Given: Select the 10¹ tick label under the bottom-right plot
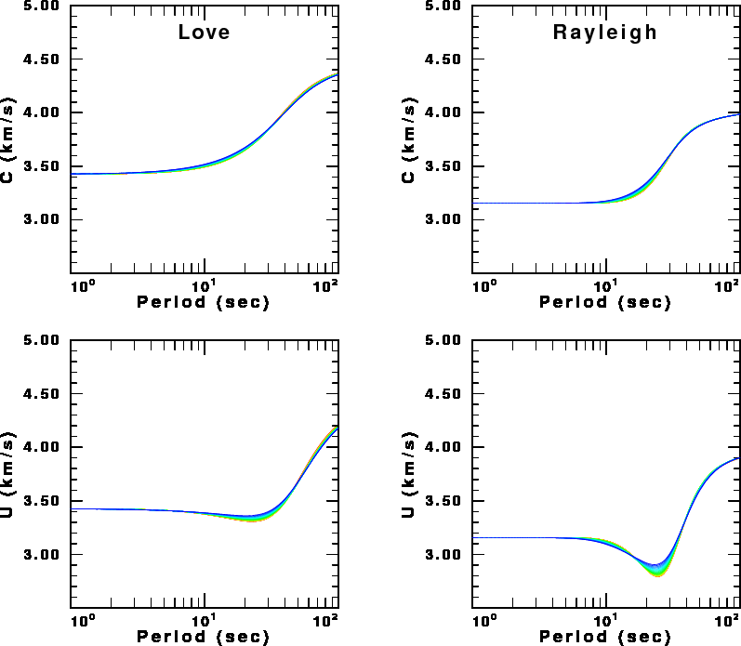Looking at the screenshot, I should click(x=605, y=619).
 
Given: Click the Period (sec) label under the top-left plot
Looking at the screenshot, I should click(x=203, y=303).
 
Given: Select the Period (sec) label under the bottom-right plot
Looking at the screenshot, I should click(x=605, y=638).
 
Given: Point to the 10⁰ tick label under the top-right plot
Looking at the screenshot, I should click(x=483, y=283).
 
